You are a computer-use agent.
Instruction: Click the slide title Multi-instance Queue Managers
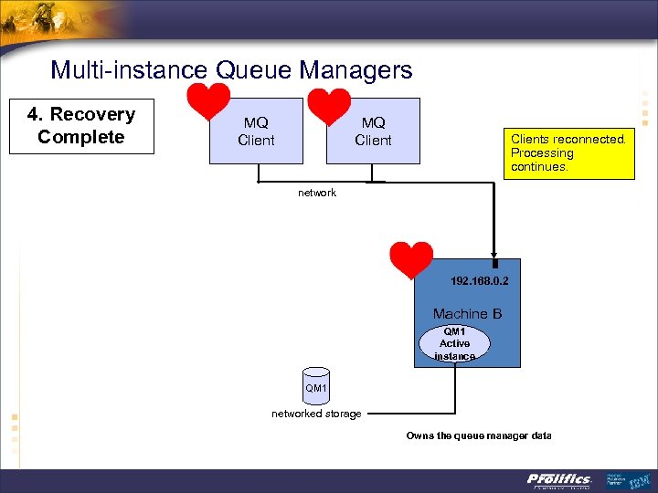[231, 69]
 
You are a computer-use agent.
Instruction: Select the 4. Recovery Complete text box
[81, 126]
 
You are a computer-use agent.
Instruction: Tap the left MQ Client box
[256, 131]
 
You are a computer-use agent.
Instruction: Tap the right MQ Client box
[373, 131]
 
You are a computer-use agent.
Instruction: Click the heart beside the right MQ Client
[330, 105]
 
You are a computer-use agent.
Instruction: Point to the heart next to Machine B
[410, 259]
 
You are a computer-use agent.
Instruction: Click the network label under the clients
[317, 193]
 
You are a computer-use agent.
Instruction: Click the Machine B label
[467, 314]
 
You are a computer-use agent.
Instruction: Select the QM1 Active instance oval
[454, 343]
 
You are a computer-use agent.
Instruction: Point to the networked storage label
[316, 414]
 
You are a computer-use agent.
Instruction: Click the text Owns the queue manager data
[479, 435]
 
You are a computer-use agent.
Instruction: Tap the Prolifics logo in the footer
[559, 479]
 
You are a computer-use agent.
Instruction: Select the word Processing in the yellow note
[542, 153]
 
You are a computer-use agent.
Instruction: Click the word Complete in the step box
[81, 137]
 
